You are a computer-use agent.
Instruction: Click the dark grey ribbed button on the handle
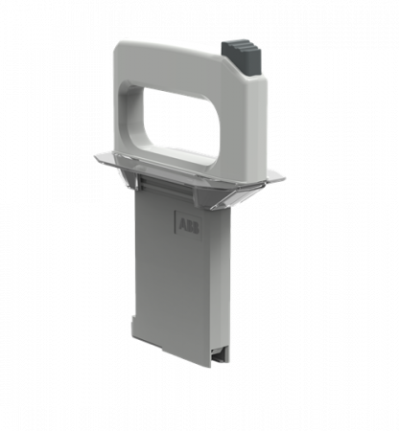point(242,58)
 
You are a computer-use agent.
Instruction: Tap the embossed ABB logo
point(189,226)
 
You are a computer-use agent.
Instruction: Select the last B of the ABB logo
point(196,228)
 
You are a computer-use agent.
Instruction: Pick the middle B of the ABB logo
point(190,226)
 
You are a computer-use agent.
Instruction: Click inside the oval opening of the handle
point(181,123)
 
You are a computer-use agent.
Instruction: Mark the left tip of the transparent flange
point(95,156)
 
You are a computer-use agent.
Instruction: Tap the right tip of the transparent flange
point(284,179)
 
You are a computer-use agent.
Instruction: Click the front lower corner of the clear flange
point(213,209)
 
